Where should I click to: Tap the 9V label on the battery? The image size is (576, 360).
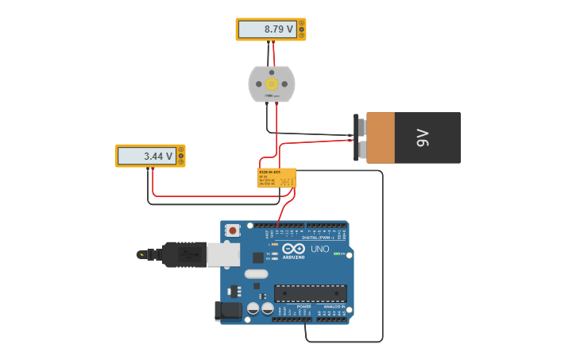pos(422,137)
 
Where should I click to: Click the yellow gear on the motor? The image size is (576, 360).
pos(272,83)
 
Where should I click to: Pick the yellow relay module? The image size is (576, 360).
pos(276,177)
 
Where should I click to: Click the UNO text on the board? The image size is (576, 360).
pos(319,249)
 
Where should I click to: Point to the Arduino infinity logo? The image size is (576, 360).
pos(293,249)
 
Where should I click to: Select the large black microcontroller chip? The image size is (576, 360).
pos(310,293)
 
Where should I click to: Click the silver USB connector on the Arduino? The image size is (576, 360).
pos(223,254)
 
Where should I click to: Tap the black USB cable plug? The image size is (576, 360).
pos(184,254)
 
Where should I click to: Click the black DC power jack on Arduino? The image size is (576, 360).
pos(228,311)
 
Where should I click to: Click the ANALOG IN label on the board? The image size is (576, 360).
pos(334,306)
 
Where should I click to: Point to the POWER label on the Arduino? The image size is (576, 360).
pos(303,306)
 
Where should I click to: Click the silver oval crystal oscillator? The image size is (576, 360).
pos(256,274)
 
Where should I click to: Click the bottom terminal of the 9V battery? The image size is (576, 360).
pos(360,149)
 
